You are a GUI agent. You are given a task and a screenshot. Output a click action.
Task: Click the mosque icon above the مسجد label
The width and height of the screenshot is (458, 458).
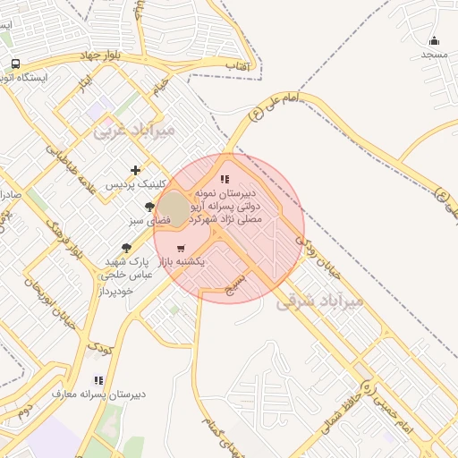(x=435, y=40)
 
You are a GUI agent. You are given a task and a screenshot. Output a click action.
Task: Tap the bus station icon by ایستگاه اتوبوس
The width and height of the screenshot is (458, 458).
(x=15, y=64)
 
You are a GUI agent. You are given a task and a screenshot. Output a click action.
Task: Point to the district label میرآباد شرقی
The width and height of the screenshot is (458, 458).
(x=319, y=301)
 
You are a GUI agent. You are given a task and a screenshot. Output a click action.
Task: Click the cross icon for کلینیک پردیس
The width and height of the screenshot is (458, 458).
(x=135, y=170)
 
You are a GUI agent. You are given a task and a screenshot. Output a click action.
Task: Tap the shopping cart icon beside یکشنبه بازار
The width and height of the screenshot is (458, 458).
(x=181, y=249)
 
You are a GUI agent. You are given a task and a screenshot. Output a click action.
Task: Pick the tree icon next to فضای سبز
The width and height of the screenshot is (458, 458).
(x=150, y=206)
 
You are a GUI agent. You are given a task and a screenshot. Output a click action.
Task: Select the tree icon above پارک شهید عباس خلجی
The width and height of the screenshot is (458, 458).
(x=126, y=247)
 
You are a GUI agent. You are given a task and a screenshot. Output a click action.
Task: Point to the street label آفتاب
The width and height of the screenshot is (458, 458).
(x=236, y=66)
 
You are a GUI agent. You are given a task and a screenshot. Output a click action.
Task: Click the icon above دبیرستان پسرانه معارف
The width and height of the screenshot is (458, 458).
(x=98, y=380)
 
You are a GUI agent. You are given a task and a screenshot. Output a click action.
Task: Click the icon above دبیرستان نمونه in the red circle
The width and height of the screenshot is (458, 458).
(x=225, y=179)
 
